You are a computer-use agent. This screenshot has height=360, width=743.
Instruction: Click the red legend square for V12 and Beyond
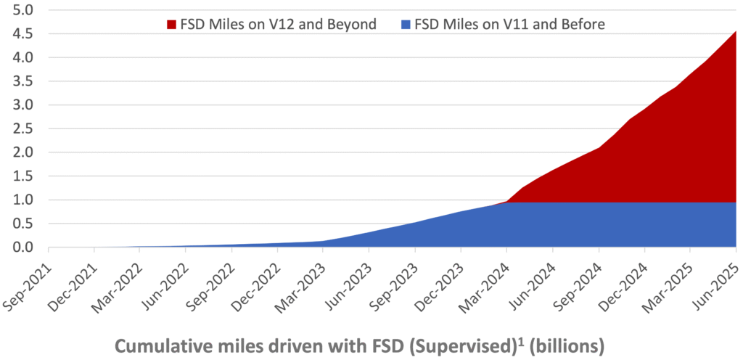click(171, 25)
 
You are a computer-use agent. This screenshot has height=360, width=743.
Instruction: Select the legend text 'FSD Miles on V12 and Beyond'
click(277, 25)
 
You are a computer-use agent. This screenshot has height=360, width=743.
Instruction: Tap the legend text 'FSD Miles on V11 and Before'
click(513, 25)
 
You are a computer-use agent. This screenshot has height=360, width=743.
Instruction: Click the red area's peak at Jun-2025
click(736, 33)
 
